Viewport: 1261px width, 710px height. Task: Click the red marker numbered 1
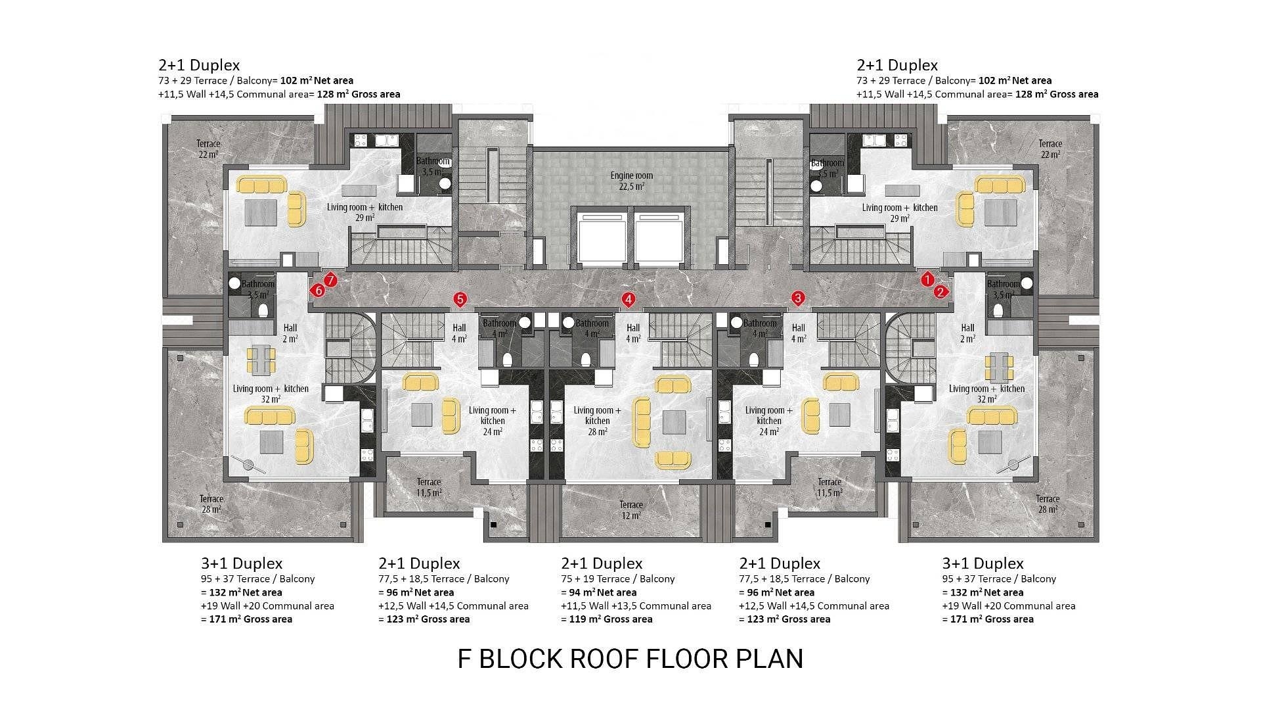(927, 279)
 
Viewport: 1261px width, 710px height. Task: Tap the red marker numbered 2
(940, 292)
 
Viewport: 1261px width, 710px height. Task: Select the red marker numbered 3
(798, 298)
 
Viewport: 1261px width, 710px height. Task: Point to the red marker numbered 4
(629, 300)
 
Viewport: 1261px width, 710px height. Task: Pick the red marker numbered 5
(460, 300)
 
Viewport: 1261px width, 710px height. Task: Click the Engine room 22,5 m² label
(631, 181)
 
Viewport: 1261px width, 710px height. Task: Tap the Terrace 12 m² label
(631, 510)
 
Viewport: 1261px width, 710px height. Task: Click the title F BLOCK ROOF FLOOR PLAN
(630, 659)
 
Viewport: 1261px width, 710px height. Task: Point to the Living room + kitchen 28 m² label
(597, 421)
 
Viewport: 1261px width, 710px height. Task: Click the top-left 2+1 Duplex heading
(199, 65)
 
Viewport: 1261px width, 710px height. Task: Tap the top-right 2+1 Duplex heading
(897, 65)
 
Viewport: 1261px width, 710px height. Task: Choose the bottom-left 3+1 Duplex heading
(242, 563)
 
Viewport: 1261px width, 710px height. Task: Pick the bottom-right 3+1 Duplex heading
(983, 563)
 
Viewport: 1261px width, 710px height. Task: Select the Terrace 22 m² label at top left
(208, 149)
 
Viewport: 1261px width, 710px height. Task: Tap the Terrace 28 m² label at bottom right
(1048, 504)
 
